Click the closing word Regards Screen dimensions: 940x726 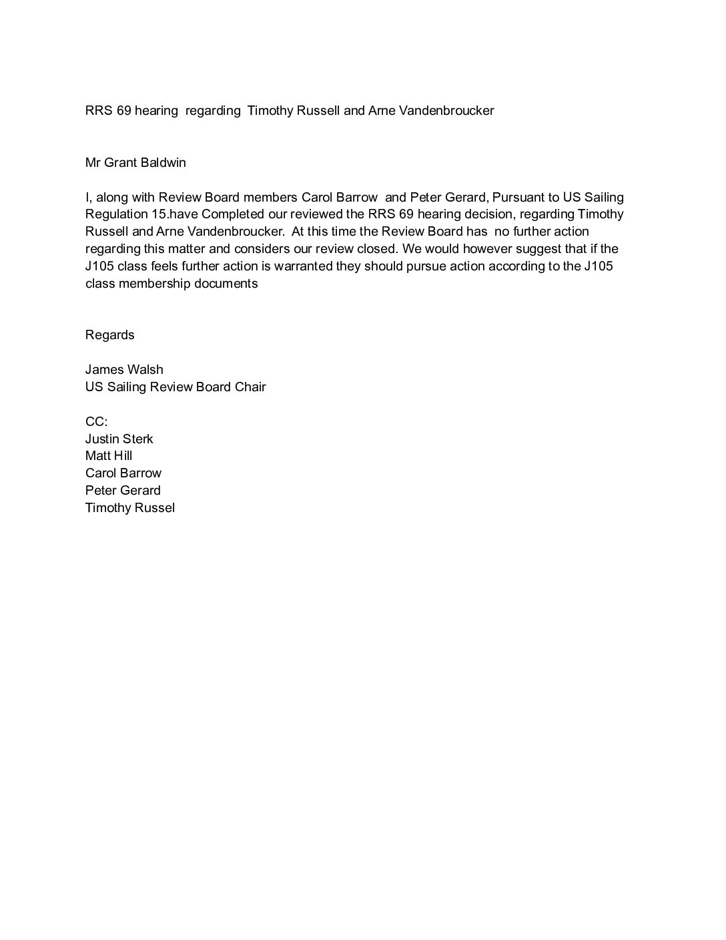110,335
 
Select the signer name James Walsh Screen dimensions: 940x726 124,370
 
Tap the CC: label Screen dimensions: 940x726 96,422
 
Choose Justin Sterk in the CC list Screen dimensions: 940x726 119,439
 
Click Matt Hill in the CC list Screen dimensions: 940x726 109,456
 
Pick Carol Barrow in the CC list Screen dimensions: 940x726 123,473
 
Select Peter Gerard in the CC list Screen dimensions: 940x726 123,491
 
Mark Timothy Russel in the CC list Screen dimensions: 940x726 130,508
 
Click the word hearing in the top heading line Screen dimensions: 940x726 156,111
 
